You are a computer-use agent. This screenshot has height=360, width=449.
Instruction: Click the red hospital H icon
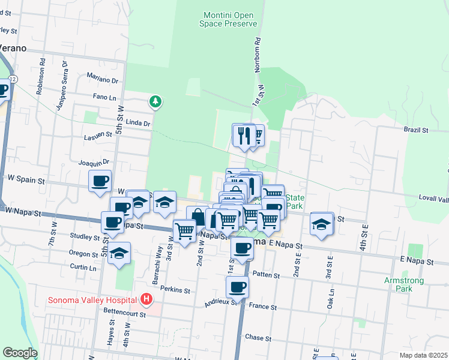pyautogui.click(x=146, y=298)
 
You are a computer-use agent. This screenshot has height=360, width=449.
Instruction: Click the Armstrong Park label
pyautogui.click(x=404, y=284)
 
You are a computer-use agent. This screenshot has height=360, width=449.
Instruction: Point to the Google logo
pyautogui.click(x=20, y=353)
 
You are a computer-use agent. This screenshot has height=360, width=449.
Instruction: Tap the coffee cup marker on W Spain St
pyautogui.click(x=100, y=181)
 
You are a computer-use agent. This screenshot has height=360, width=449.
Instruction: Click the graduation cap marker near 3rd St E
pyautogui.click(x=322, y=224)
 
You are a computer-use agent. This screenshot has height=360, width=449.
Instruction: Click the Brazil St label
pyautogui.click(x=416, y=130)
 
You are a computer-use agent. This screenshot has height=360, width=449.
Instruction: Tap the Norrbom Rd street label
pyautogui.click(x=258, y=56)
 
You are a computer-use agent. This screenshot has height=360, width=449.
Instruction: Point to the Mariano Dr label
pyautogui.click(x=102, y=79)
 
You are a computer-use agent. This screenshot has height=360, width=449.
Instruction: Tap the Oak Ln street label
pyautogui.click(x=331, y=298)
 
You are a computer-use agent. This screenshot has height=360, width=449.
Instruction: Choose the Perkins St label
pyautogui.click(x=178, y=290)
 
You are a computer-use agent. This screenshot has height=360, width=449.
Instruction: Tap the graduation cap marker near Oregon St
pyautogui.click(x=119, y=253)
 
